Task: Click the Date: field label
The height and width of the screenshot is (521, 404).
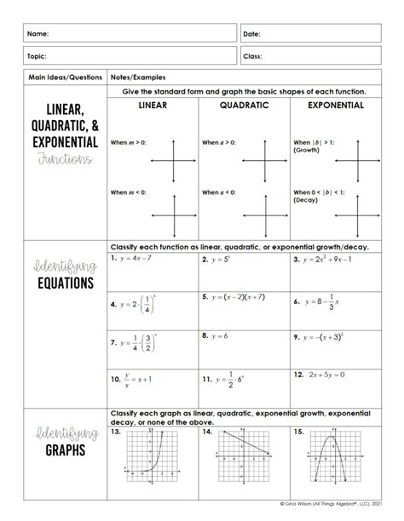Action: coord(252,34)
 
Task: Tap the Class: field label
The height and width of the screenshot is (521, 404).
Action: coord(253,56)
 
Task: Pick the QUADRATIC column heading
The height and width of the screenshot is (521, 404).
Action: coord(244,106)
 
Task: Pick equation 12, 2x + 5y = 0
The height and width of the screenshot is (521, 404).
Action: coord(328,374)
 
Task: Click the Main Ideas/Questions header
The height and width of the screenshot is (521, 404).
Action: coord(53,76)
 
